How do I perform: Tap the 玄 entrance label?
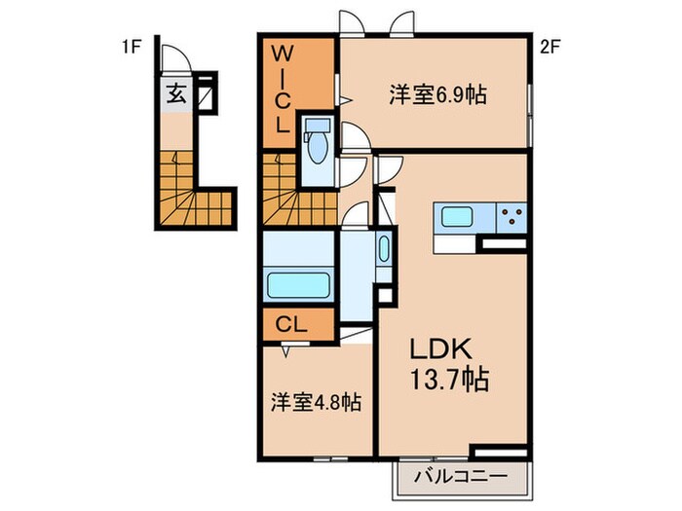coord(176,95)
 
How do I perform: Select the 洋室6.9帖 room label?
coord(437,95)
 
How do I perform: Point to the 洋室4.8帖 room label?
coord(316,401)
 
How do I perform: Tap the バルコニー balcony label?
coord(464,478)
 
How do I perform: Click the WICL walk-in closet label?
coord(281,88)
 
